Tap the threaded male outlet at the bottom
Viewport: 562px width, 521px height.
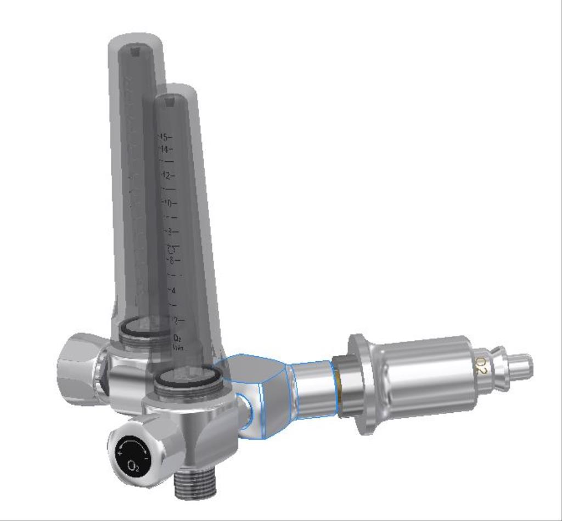click(x=195, y=484)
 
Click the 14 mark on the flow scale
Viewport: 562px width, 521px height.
click(x=164, y=149)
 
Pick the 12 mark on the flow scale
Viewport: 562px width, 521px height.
click(x=167, y=176)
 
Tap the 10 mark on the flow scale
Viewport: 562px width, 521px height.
click(x=169, y=203)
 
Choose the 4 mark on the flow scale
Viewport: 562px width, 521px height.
click(x=173, y=289)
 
